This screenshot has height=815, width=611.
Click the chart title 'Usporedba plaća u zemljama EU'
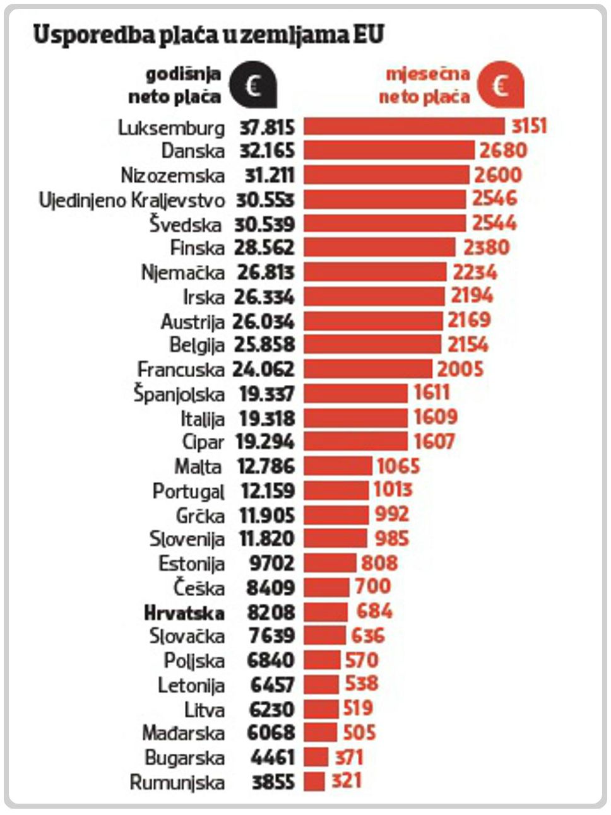point(208,35)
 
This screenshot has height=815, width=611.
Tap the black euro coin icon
point(252,85)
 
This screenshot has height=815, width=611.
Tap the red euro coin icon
point(501,85)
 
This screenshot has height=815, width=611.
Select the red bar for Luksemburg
point(404,126)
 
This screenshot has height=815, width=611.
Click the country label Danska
point(193,151)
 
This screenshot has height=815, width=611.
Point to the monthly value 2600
point(498,175)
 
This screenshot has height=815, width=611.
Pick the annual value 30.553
point(266,200)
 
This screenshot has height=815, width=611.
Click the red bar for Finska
point(379,247)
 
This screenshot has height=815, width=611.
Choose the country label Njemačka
point(183,273)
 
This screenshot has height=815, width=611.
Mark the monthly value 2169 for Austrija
point(469,320)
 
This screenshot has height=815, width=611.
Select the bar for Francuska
point(368,369)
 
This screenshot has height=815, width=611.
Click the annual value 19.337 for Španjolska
point(267,394)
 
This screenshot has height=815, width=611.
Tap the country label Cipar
point(203,442)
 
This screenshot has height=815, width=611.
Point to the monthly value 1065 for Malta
point(398,467)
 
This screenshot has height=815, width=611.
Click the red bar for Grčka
point(336,515)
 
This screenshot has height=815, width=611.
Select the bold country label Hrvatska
point(184,613)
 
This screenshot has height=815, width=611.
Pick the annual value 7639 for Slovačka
point(271,636)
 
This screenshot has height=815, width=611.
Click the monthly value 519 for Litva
point(358,708)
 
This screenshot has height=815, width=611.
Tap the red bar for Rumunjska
point(314,782)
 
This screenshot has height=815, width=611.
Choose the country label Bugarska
point(185,758)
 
